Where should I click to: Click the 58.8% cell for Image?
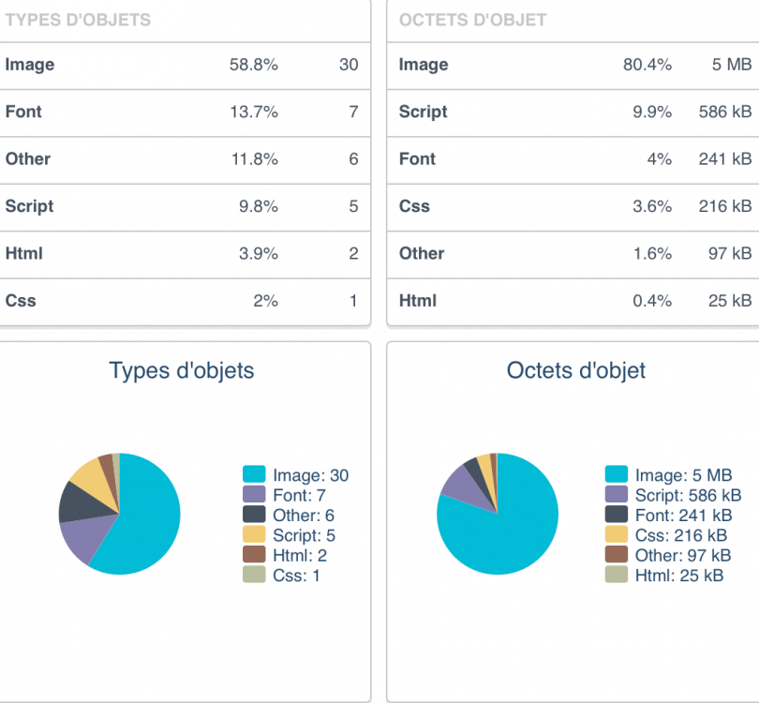pos(253,65)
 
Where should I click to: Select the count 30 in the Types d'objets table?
pos(349,65)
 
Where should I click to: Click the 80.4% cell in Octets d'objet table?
pos(647,65)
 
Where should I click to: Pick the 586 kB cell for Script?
pos(724,112)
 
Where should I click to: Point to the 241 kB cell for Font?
pos(724,159)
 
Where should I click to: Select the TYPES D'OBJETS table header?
pos(78,20)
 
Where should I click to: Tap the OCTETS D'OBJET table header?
pos(472,20)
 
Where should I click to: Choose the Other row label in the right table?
pos(422,253)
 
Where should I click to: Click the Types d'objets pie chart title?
pos(182,370)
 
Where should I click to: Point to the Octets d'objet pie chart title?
pos(575,370)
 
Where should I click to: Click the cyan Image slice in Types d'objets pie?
pos(150,520)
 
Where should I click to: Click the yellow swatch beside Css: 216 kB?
pos(616,535)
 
